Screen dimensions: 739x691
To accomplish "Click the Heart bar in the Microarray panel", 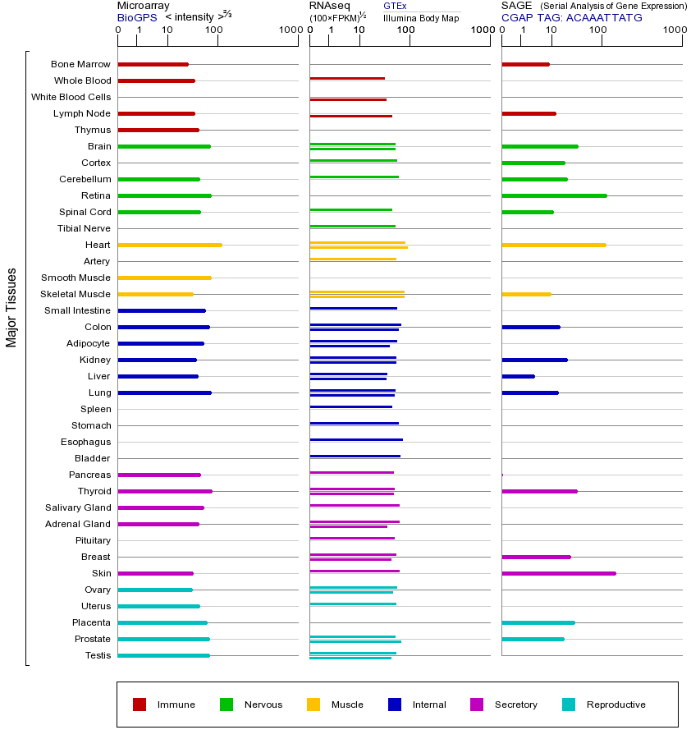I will pyautogui.click(x=170, y=245).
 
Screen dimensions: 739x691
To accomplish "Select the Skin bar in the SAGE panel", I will pyautogui.click(x=558, y=573).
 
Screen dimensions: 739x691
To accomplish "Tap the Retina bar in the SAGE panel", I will pyautogui.click(x=554, y=195).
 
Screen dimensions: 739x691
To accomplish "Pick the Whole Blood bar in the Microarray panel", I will pyautogui.click(x=156, y=80).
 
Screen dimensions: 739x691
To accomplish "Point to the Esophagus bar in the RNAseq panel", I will pyautogui.click(x=356, y=439).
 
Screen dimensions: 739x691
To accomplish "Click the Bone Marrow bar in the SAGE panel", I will pyautogui.click(x=525, y=64).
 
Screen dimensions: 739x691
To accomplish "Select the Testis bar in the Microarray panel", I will pyautogui.click(x=163, y=655).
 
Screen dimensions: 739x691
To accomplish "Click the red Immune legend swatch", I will pyautogui.click(x=140, y=705).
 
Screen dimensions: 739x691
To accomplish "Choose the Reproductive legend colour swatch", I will pyautogui.click(x=569, y=705).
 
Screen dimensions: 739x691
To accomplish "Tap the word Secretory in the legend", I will pyautogui.click(x=516, y=705).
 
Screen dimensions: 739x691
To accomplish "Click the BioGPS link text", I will pyautogui.click(x=136, y=17).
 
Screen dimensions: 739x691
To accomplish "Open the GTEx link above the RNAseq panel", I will pyautogui.click(x=395, y=7).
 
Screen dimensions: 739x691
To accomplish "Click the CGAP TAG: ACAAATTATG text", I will pyautogui.click(x=572, y=17).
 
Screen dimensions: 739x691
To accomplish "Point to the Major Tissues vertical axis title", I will pyautogui.click(x=11, y=307).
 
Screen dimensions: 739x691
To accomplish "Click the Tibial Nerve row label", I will pyautogui.click(x=84, y=228).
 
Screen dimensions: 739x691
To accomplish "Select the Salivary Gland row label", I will pyautogui.click(x=78, y=507).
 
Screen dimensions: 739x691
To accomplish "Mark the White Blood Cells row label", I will pyautogui.click(x=71, y=97).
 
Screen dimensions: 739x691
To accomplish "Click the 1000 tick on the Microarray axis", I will pyautogui.click(x=289, y=30).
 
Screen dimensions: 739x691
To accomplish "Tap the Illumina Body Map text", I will pyautogui.click(x=421, y=17).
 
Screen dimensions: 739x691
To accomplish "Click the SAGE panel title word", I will pyautogui.click(x=515, y=6).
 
